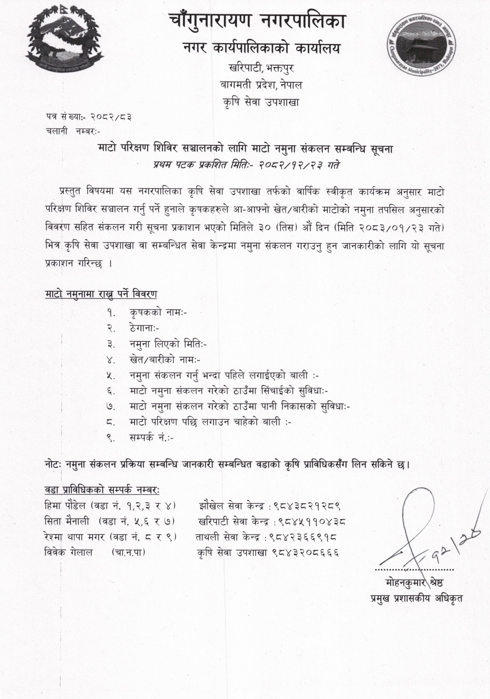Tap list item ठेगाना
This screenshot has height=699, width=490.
pyautogui.click(x=144, y=328)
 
